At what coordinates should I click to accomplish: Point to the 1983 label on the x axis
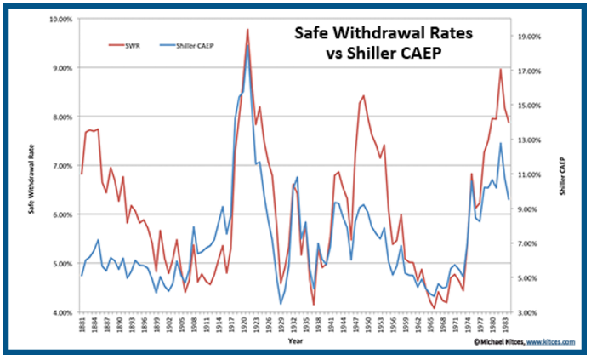point(509,325)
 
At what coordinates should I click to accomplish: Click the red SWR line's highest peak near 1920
point(247,29)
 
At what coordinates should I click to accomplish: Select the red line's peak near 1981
point(501,70)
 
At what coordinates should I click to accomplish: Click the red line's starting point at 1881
point(82,174)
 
